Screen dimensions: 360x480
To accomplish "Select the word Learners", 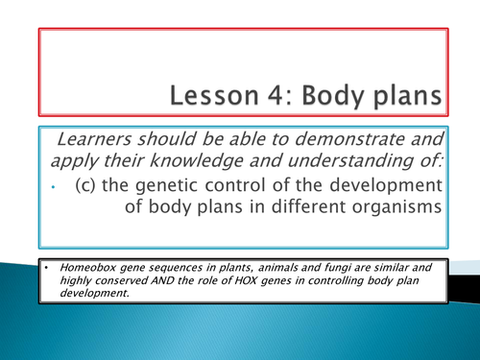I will pyautogui.click(x=95, y=143).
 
